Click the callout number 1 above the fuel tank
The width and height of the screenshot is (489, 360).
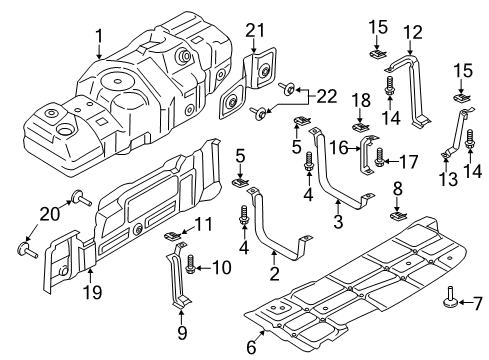click(99, 37)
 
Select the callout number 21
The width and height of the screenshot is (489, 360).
click(255, 31)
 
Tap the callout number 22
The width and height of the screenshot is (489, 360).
click(326, 97)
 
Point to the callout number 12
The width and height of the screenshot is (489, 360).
click(413, 33)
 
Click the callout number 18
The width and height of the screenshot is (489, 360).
click(361, 100)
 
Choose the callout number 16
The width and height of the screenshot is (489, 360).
click(339, 148)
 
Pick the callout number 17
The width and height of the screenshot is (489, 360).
click(409, 162)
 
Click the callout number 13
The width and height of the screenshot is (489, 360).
click(448, 179)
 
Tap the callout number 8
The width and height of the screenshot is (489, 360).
click(398, 189)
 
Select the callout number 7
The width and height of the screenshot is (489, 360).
click(477, 304)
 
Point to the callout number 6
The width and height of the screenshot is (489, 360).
click(251, 347)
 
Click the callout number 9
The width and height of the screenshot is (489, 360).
click(182, 332)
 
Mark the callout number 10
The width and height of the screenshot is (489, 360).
click(221, 267)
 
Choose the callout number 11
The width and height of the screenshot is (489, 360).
click(203, 224)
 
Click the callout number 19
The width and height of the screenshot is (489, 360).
click(92, 292)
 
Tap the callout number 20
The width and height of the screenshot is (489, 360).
click(50, 214)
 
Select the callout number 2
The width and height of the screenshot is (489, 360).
click(274, 274)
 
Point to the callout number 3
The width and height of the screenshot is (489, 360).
click(338, 221)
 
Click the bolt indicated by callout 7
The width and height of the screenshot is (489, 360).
click(450, 297)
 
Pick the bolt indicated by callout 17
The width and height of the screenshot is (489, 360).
click(379, 157)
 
